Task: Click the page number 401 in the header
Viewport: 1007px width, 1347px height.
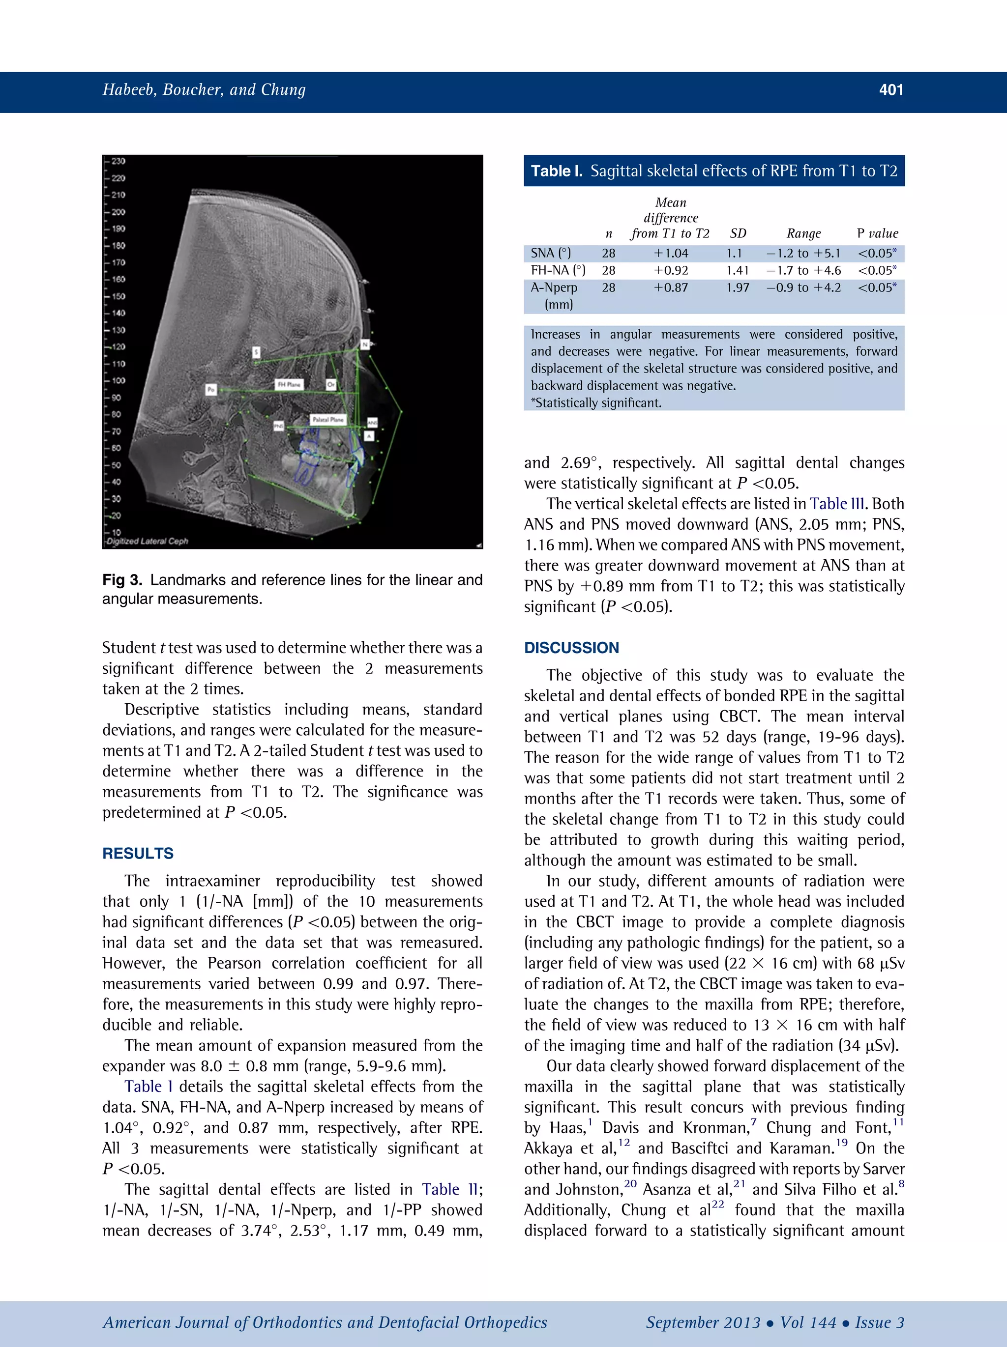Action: point(890,90)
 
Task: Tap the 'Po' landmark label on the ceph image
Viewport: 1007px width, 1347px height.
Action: point(211,389)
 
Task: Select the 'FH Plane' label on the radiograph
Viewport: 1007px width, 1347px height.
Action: point(290,384)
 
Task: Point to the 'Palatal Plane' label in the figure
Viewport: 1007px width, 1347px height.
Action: point(328,420)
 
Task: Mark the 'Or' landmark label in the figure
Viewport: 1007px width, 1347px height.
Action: point(331,385)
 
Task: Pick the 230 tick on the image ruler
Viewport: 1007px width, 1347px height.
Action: point(118,161)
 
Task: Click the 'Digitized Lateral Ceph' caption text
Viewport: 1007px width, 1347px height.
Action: point(147,541)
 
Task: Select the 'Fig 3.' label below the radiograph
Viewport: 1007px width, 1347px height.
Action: point(122,580)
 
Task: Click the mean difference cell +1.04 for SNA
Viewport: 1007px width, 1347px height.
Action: point(671,253)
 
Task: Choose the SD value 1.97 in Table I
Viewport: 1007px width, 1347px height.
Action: point(738,287)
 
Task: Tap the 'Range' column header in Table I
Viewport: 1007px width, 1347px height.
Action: point(803,233)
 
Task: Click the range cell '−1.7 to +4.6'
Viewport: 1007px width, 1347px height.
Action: point(803,270)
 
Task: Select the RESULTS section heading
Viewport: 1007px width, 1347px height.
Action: point(138,853)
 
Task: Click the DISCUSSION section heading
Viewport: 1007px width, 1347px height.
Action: point(571,647)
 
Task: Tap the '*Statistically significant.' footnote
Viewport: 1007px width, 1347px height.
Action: point(596,402)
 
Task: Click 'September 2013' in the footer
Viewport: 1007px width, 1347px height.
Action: point(703,1322)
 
